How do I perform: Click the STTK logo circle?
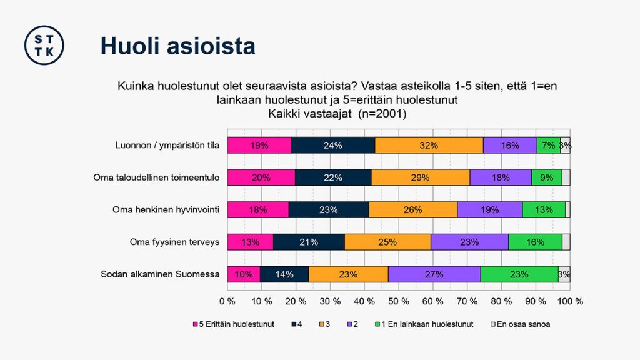pyautogui.click(x=44, y=45)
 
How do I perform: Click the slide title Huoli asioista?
pyautogui.click(x=178, y=46)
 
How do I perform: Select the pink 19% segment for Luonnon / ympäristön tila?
pyautogui.click(x=259, y=146)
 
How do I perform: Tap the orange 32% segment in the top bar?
pyautogui.click(x=429, y=146)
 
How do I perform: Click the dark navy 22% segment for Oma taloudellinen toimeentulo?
pyautogui.click(x=332, y=177)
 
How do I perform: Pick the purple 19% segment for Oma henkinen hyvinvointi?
pyautogui.click(x=489, y=210)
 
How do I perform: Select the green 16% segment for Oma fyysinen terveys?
pyautogui.click(x=535, y=242)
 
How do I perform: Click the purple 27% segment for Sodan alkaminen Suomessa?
pyautogui.click(x=434, y=274)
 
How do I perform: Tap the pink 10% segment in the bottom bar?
pyautogui.click(x=244, y=274)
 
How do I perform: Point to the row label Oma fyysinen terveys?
pyautogui.click(x=174, y=242)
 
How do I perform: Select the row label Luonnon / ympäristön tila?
pyautogui.click(x=167, y=146)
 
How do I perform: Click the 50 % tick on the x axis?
pyautogui.click(x=399, y=301)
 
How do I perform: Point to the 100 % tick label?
pyautogui.click(x=570, y=301)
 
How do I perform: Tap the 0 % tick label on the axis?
pyautogui.click(x=227, y=301)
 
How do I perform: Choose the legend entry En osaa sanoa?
pyautogui.click(x=522, y=324)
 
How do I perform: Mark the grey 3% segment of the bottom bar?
pyautogui.click(x=564, y=274)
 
